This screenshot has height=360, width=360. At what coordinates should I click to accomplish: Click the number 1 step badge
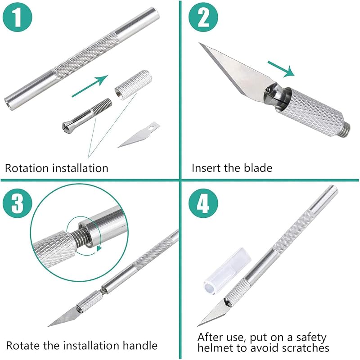click(18, 18)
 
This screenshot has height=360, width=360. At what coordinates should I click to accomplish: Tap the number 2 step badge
click(203, 18)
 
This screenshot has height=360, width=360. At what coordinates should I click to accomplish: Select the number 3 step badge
click(18, 203)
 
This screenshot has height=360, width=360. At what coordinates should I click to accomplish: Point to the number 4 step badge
click(203, 203)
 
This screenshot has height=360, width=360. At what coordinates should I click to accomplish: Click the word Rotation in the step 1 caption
click(27, 168)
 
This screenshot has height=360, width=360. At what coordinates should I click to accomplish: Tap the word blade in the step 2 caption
click(258, 168)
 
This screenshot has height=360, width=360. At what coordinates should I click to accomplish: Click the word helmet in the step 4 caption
click(215, 348)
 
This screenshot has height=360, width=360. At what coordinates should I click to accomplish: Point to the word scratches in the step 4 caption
click(305, 348)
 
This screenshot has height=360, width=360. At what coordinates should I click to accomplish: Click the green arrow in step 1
click(90, 86)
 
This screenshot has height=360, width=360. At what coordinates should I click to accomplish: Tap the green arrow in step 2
click(281, 69)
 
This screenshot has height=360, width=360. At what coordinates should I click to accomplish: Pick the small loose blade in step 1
click(139, 135)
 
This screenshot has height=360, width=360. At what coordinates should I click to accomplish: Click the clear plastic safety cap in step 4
click(227, 271)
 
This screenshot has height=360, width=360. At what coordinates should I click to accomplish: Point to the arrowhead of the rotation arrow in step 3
click(99, 248)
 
